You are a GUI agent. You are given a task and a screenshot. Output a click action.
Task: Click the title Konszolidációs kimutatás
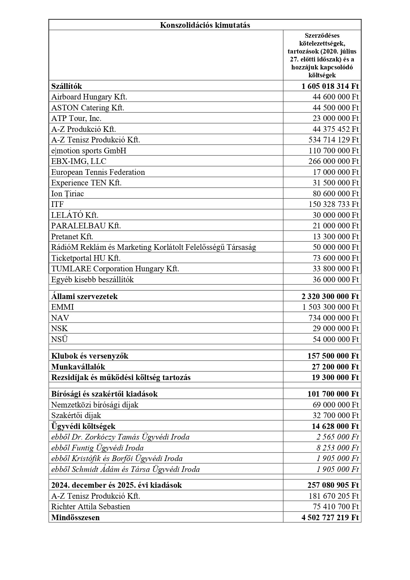(205, 25)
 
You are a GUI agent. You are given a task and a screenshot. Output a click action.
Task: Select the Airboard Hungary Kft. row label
(89, 97)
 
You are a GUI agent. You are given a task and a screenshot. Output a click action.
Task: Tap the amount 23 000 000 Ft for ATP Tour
(335, 118)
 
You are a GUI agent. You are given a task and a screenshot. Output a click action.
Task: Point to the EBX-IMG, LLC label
(79, 161)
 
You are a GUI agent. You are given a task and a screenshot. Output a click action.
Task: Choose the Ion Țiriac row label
(67, 194)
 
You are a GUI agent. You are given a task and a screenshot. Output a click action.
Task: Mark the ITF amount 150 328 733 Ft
(333, 204)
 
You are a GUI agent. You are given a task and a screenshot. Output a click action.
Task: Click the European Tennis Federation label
(98, 172)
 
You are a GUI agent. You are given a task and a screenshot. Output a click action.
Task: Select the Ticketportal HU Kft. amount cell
(335, 258)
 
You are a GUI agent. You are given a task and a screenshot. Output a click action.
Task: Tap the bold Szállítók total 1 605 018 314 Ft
(330, 86)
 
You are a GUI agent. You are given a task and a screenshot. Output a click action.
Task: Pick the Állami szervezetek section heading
(84, 296)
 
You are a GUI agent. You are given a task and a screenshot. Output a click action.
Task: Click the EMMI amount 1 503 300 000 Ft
(330, 307)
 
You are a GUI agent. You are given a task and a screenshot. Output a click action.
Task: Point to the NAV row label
(60, 318)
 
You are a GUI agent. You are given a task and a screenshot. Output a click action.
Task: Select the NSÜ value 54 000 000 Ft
(335, 339)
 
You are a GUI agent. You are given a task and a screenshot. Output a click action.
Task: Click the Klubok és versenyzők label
(90, 356)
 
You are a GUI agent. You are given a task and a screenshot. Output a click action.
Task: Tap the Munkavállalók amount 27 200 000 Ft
(335, 367)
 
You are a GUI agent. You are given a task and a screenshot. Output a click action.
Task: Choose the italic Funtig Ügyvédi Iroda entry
(98, 448)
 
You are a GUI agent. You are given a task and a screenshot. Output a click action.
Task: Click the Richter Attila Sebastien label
(91, 507)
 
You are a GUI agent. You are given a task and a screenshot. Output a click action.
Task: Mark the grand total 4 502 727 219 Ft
(330, 518)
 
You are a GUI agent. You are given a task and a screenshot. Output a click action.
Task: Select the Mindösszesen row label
(75, 518)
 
